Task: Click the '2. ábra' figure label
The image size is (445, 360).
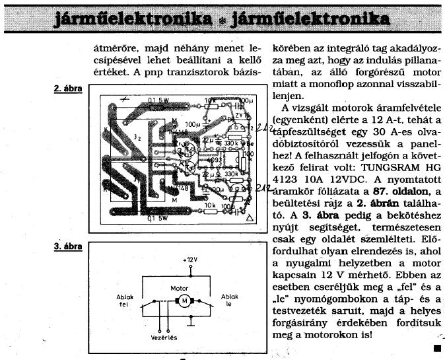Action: pyautogui.click(x=69, y=87)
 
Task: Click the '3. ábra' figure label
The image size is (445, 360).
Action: pyautogui.click(x=69, y=246)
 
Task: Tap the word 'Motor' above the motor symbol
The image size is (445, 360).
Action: pyautogui.click(x=180, y=289)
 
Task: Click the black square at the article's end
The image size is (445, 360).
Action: pyautogui.click(x=436, y=347)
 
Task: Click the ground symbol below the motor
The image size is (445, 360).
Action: pyautogui.click(x=189, y=324)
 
